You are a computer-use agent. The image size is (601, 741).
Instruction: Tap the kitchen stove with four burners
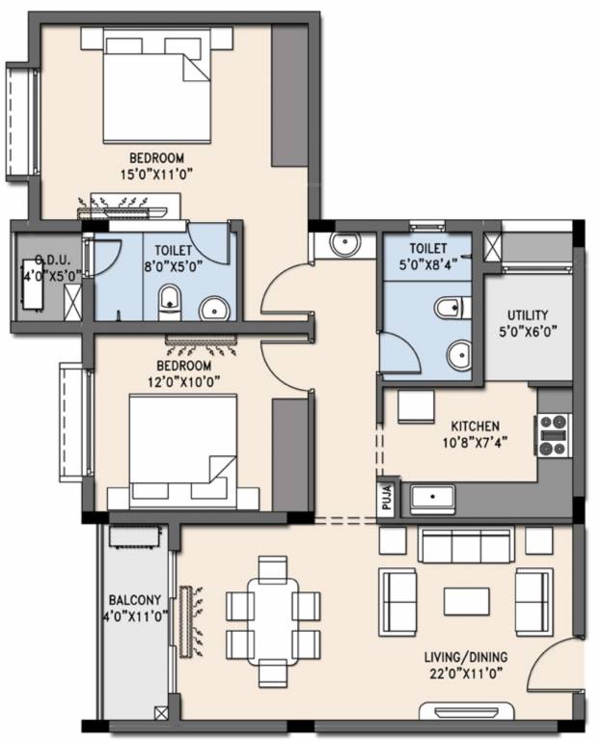(555, 434)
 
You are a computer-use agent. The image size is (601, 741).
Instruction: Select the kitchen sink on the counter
(432, 499)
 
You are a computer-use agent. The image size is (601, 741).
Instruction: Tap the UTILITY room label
(528, 316)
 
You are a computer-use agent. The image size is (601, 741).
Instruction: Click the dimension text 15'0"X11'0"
(156, 175)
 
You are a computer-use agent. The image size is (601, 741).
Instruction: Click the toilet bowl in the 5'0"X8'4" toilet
(449, 308)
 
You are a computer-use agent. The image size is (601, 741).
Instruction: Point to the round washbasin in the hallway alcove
(343, 245)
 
